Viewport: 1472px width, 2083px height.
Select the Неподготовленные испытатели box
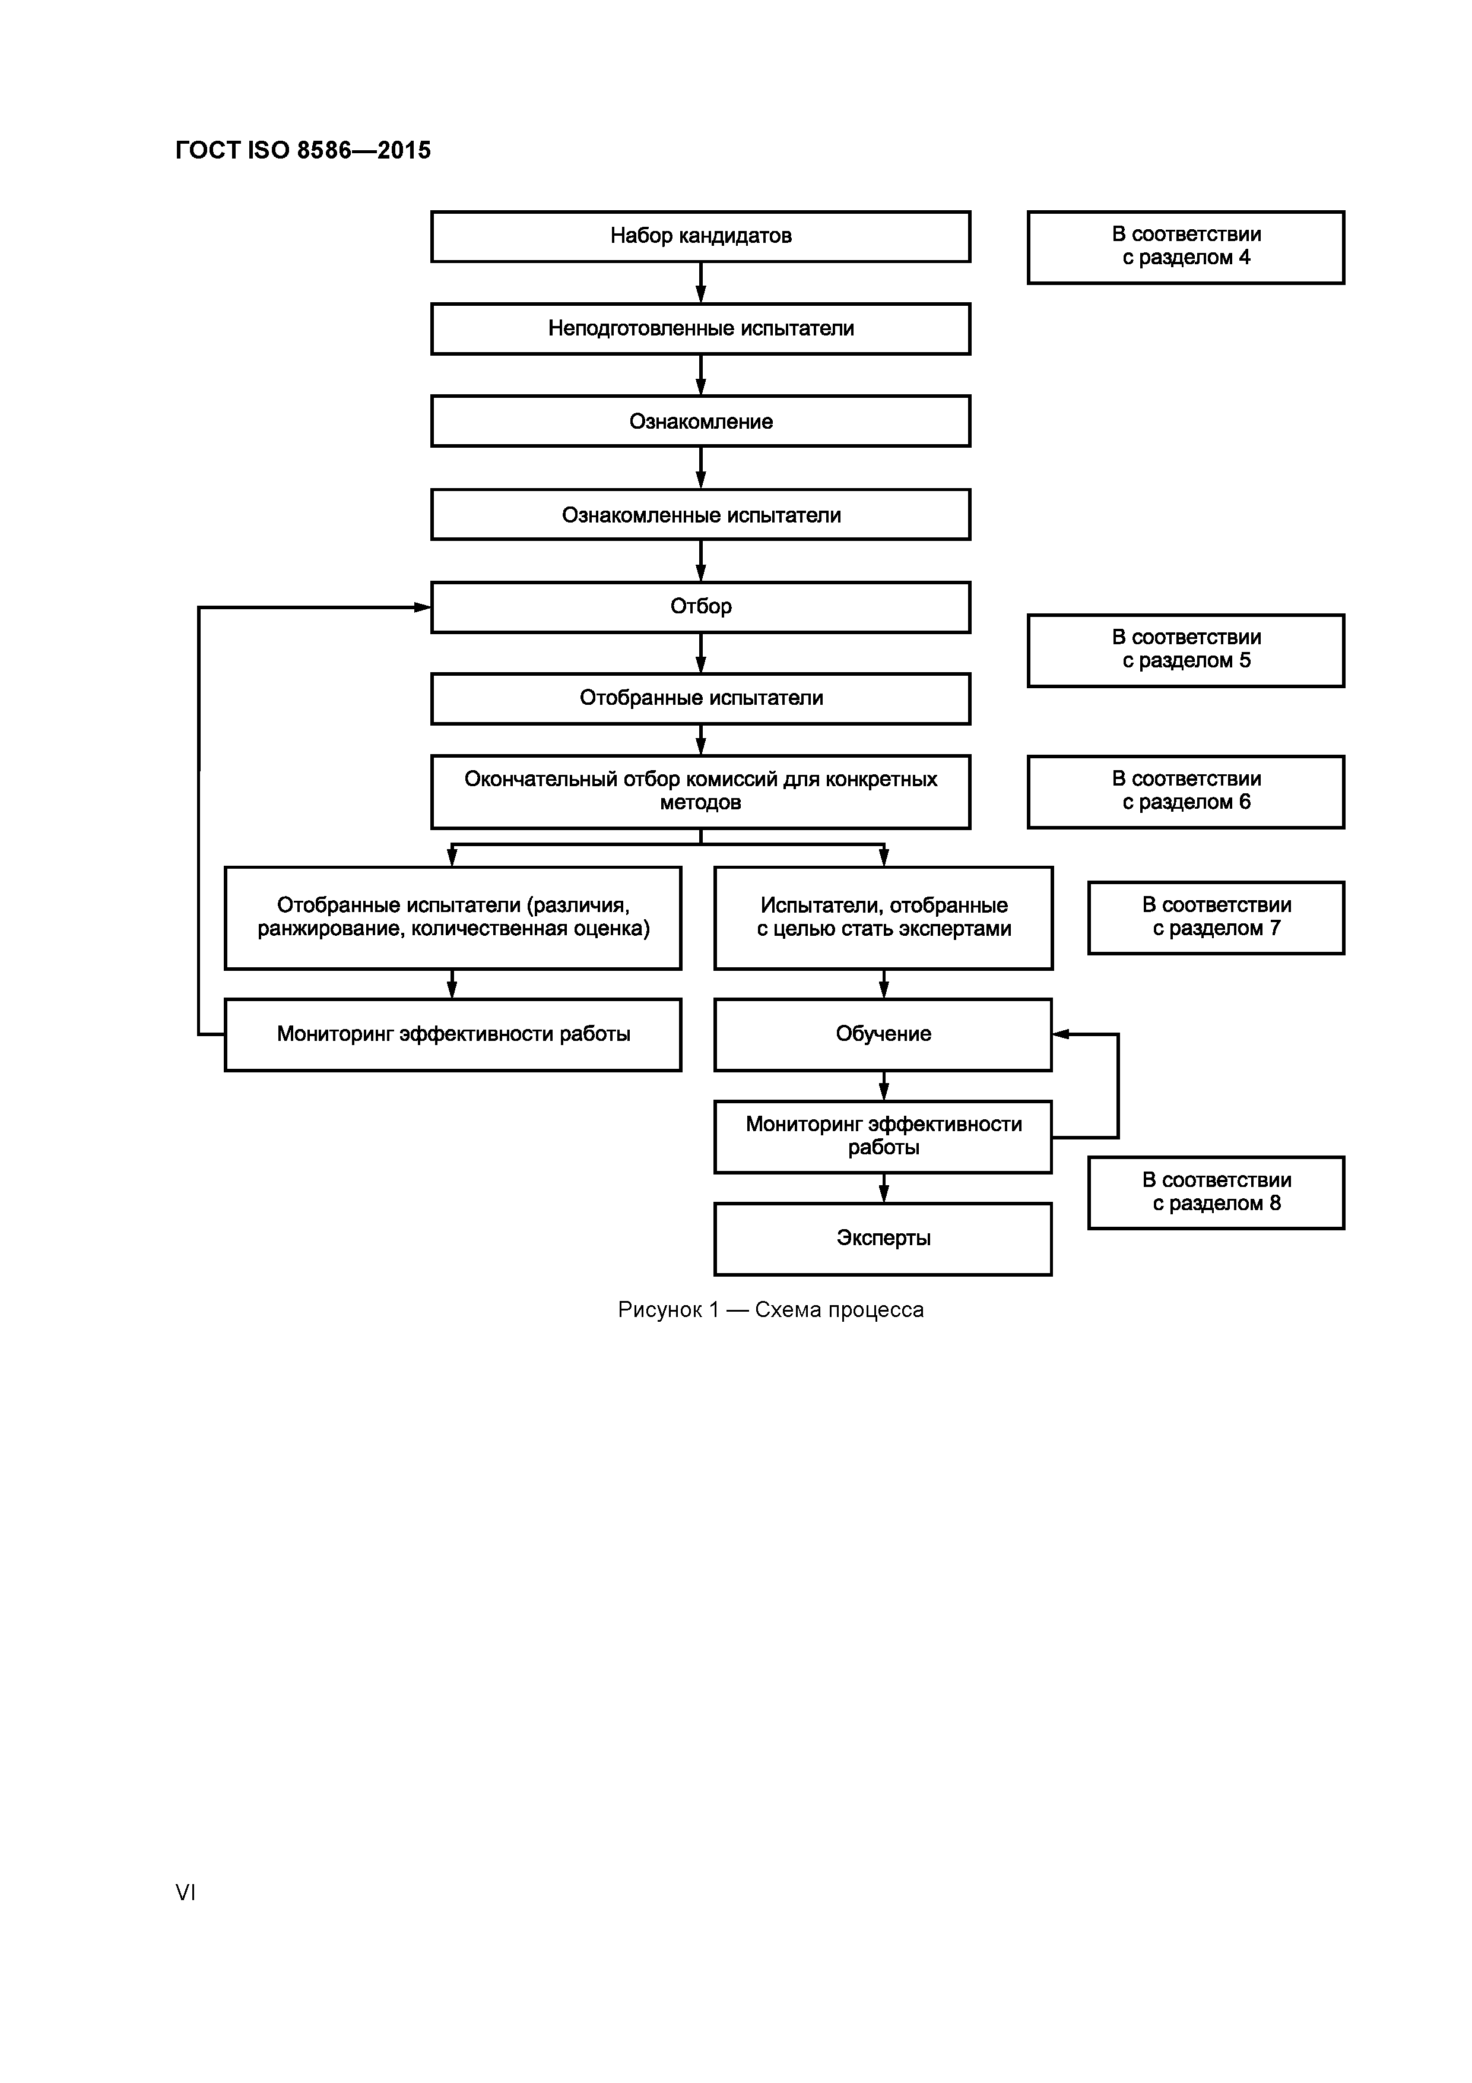tap(700, 328)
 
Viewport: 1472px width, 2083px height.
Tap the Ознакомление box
tap(700, 421)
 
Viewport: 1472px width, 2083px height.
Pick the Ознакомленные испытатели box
tap(700, 514)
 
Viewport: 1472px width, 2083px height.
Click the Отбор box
tap(700, 607)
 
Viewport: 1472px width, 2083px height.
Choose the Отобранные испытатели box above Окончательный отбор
tap(700, 698)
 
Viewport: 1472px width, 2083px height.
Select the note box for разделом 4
tap(1185, 247)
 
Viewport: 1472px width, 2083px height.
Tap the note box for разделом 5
tap(1185, 650)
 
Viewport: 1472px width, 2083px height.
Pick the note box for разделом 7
tap(1216, 917)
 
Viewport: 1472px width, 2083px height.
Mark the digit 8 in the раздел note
tap(1274, 1204)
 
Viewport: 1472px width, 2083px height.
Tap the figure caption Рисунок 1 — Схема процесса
tap(770, 1310)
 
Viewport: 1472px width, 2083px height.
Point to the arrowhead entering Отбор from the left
tap(423, 607)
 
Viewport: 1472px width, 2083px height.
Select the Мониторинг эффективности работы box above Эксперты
tap(883, 1136)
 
